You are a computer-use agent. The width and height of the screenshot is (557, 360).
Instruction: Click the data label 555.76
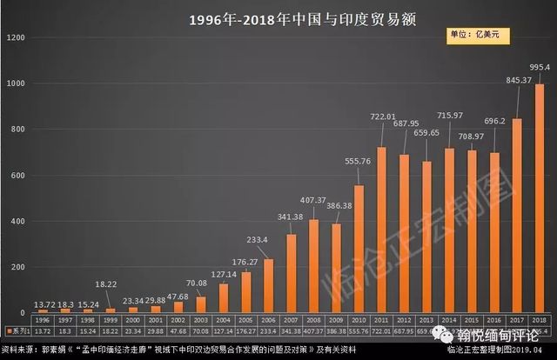357,162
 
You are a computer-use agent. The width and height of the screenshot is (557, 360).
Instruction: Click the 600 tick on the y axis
18,176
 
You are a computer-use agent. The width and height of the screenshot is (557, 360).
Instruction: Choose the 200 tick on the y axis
18,267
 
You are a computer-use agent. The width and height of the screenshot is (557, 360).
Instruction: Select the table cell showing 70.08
200,331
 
